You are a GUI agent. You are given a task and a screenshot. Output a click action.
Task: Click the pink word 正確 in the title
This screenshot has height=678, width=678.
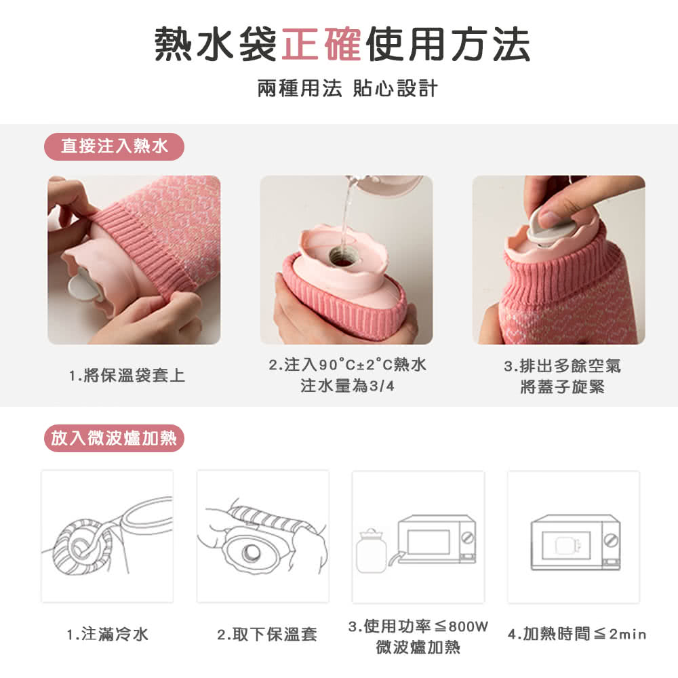click(x=321, y=44)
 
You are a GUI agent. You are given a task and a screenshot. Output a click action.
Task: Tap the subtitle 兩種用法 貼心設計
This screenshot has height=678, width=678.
click(x=348, y=89)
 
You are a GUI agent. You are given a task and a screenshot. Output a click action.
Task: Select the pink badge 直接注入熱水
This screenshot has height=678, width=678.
click(x=114, y=146)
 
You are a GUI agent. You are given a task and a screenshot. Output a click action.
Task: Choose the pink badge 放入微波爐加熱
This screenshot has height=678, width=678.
click(x=114, y=439)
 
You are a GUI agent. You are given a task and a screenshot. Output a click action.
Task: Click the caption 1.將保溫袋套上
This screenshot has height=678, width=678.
click(x=127, y=376)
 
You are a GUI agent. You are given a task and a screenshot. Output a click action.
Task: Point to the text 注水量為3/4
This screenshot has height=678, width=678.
click(x=348, y=385)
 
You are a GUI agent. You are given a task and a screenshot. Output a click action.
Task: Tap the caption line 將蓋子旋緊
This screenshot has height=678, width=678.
click(x=563, y=386)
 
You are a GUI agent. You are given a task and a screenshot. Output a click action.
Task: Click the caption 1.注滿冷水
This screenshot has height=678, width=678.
click(x=108, y=635)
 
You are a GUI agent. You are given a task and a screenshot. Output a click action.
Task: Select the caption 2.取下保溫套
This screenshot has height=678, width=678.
click(x=266, y=635)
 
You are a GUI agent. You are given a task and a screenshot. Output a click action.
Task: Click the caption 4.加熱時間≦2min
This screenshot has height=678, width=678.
click(x=577, y=635)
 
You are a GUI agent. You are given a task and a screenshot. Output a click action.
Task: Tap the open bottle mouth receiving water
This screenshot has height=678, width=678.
click(x=342, y=257)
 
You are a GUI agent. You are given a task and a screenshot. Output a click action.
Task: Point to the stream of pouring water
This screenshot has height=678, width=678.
click(x=345, y=216)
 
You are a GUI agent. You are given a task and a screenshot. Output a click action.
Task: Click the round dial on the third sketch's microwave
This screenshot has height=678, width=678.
click(x=468, y=538)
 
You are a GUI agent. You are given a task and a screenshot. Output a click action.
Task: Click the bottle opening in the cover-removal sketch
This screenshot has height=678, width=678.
click(x=251, y=553)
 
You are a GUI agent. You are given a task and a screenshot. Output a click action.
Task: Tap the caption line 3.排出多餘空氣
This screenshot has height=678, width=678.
click(x=563, y=366)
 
